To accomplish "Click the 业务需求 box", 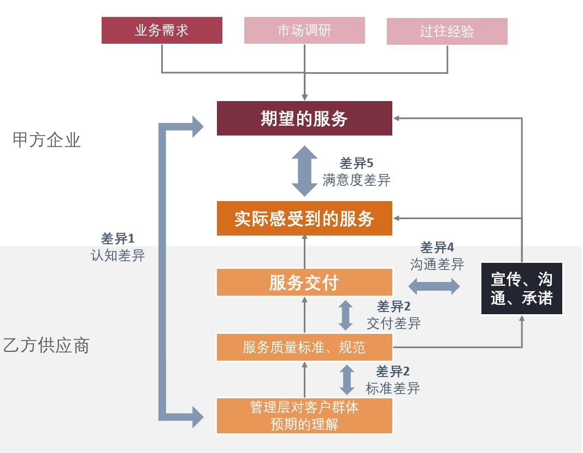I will (162, 30).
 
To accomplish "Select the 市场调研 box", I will (304, 30).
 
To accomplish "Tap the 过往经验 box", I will (447, 31).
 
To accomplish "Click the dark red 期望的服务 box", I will (304, 118).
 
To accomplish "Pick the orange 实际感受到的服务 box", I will (304, 219).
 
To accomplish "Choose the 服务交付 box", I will (304, 283).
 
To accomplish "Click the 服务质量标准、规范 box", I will (304, 347).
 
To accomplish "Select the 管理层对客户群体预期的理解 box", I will (304, 416).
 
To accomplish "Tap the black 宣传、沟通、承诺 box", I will (521, 289).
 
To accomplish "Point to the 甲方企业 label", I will (46, 140).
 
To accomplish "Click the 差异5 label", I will (356, 163).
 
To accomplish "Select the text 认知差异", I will (117, 255).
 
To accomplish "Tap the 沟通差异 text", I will (437, 264).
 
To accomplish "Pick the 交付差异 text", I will (393, 323).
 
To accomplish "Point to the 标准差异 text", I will (393, 389).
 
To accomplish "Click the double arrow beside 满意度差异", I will (304, 170).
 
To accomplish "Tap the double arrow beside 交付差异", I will (346, 315).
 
